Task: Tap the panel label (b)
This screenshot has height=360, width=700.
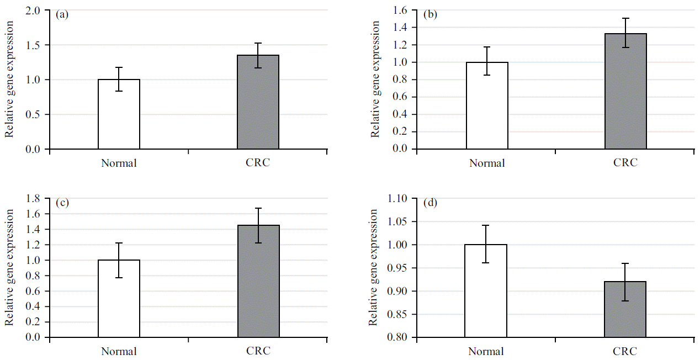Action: pos(430,14)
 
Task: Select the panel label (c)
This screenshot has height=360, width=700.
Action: pos(62,202)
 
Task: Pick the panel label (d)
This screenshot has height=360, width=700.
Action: pos(430,203)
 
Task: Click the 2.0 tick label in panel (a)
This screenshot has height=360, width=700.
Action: pos(34,10)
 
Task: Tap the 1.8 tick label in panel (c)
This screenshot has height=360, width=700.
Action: pos(34,199)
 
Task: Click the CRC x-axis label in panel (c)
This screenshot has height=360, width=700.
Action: pos(258,351)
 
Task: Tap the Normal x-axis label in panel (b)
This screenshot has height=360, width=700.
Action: pos(487,163)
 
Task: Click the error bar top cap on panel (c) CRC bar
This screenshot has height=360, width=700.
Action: pos(258,208)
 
